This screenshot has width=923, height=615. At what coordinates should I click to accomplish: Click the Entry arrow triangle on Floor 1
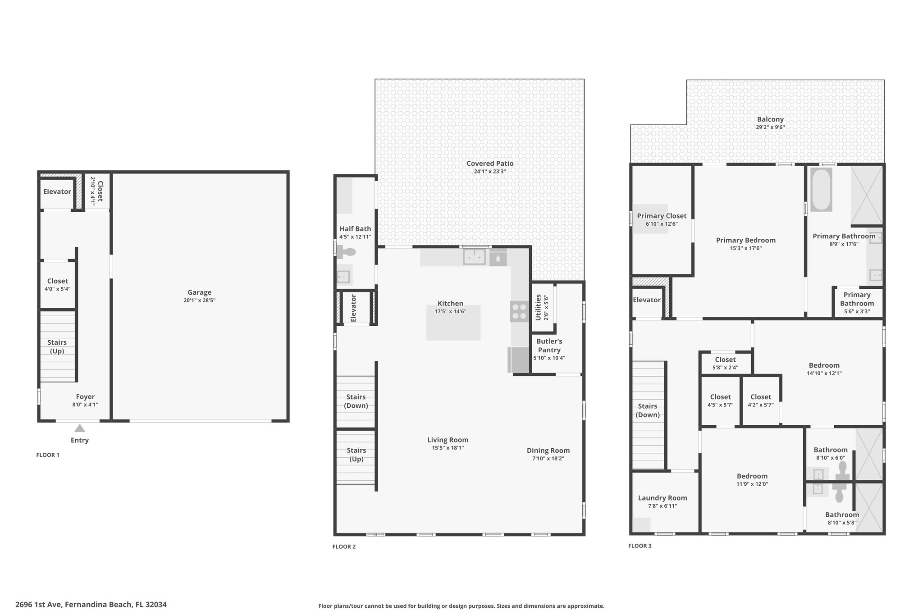coord(80,428)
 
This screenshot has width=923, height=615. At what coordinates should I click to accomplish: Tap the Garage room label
coord(200,292)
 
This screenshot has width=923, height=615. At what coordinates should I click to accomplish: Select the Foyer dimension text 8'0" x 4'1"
coord(85,405)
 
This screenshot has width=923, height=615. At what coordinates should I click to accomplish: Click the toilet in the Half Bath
coord(346,251)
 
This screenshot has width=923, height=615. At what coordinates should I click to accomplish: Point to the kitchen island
coord(453,323)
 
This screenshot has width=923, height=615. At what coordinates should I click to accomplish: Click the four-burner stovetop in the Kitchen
coord(519,311)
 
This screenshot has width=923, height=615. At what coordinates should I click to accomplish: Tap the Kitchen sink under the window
coord(475,257)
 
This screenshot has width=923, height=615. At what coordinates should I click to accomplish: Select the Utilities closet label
coord(538,307)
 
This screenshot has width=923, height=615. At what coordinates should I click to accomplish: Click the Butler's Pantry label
coord(549,346)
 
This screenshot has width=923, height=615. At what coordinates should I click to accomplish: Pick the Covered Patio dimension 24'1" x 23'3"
coord(490,171)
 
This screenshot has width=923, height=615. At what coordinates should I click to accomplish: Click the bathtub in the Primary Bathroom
coord(821,189)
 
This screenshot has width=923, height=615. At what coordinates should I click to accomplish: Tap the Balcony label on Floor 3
coord(770,119)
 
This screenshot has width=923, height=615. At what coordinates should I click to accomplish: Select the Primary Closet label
coord(662,216)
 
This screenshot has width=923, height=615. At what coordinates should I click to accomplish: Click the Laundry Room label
coord(663,498)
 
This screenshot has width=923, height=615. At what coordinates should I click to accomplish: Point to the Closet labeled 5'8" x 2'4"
coord(725,360)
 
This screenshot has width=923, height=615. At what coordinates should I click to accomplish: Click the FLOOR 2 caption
coord(344,547)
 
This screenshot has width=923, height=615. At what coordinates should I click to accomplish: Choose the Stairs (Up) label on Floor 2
coord(356,455)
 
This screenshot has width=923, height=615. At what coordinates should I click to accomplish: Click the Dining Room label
coord(548,451)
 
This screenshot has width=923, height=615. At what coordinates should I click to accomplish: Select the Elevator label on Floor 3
coord(647,300)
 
